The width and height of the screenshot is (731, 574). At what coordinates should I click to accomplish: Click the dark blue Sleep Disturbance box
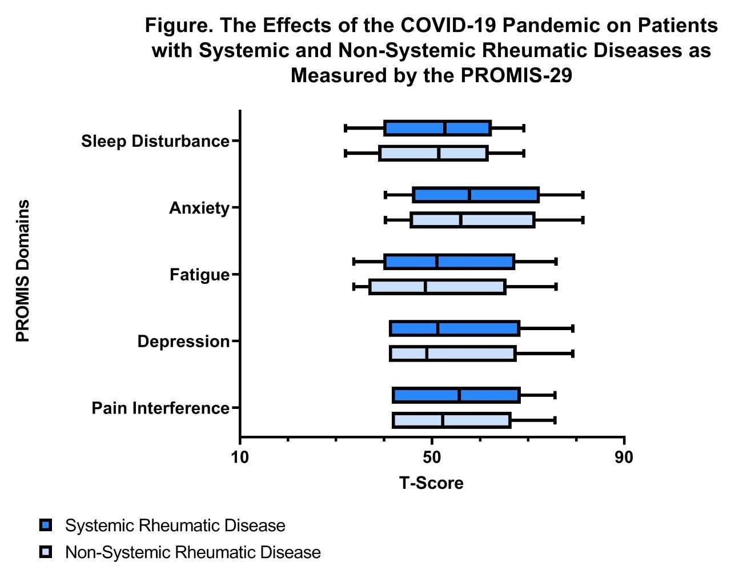437,128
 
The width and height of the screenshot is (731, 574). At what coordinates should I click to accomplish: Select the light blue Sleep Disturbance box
433,153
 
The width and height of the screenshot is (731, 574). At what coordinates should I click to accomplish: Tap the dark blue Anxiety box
476,195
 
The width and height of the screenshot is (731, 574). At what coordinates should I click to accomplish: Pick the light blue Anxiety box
472,220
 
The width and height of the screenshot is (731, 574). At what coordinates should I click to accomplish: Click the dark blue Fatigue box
449,262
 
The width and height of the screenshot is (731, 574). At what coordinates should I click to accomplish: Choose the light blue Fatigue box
437,287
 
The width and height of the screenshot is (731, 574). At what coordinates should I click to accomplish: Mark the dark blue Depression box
455,328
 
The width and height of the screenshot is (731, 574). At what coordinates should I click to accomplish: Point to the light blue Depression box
453,354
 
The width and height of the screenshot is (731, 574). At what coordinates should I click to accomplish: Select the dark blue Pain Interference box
456,395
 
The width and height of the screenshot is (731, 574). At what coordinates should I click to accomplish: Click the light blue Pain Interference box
452,420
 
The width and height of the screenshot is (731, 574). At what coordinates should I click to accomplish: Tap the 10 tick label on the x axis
240,457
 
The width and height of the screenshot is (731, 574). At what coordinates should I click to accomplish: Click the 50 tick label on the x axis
432,457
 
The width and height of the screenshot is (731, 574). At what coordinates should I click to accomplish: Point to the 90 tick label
624,457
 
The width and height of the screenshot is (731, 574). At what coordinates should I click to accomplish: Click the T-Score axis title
431,483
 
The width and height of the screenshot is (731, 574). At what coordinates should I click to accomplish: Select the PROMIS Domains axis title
22,271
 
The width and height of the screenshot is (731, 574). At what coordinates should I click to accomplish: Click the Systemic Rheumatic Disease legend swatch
46,525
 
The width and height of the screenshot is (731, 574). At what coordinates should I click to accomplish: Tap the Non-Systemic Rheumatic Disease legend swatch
46,552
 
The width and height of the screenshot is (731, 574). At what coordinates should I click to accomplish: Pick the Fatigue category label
199,275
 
